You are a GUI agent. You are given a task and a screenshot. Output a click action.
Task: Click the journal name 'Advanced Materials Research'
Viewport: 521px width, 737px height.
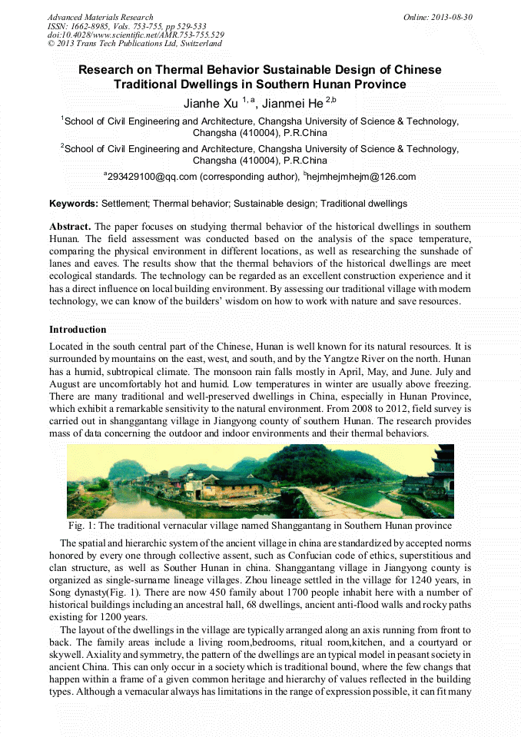(100, 17)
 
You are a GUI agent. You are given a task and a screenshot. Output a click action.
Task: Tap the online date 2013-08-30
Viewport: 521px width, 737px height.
(453, 17)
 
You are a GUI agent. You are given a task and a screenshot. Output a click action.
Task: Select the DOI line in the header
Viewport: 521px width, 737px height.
(135, 35)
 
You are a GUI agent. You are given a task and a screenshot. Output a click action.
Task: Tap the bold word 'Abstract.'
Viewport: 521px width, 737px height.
(71, 227)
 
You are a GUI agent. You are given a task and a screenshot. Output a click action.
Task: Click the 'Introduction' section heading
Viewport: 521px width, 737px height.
(78, 330)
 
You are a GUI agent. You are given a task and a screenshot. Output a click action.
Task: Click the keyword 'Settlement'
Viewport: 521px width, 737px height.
(124, 204)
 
